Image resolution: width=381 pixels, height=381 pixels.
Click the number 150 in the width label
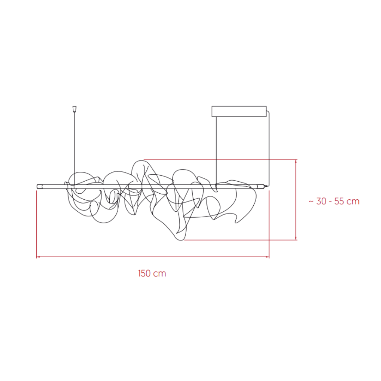pos(145,273)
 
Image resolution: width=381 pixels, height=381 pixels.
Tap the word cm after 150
pos(160,274)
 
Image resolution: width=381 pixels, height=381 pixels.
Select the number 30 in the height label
pos(321,201)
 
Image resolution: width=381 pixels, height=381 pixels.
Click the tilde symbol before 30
pos(311,201)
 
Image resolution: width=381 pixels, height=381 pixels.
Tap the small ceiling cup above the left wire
pos(74,109)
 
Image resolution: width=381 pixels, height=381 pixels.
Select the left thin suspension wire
pos(74,149)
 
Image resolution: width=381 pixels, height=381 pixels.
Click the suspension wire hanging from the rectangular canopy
pos(216,151)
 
